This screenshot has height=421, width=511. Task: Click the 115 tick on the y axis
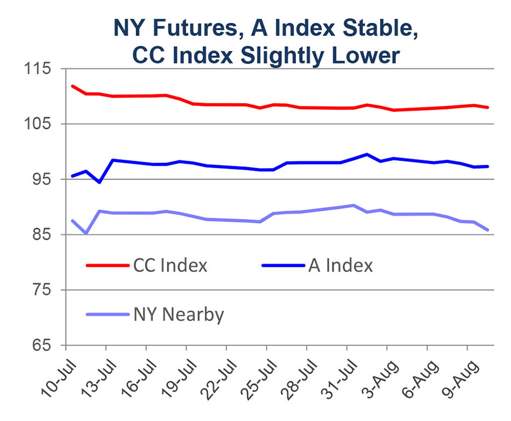click(37, 69)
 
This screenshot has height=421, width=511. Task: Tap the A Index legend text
click(340, 266)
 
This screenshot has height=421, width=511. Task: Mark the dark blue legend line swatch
click(282, 266)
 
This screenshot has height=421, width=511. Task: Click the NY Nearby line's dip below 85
click(86, 233)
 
